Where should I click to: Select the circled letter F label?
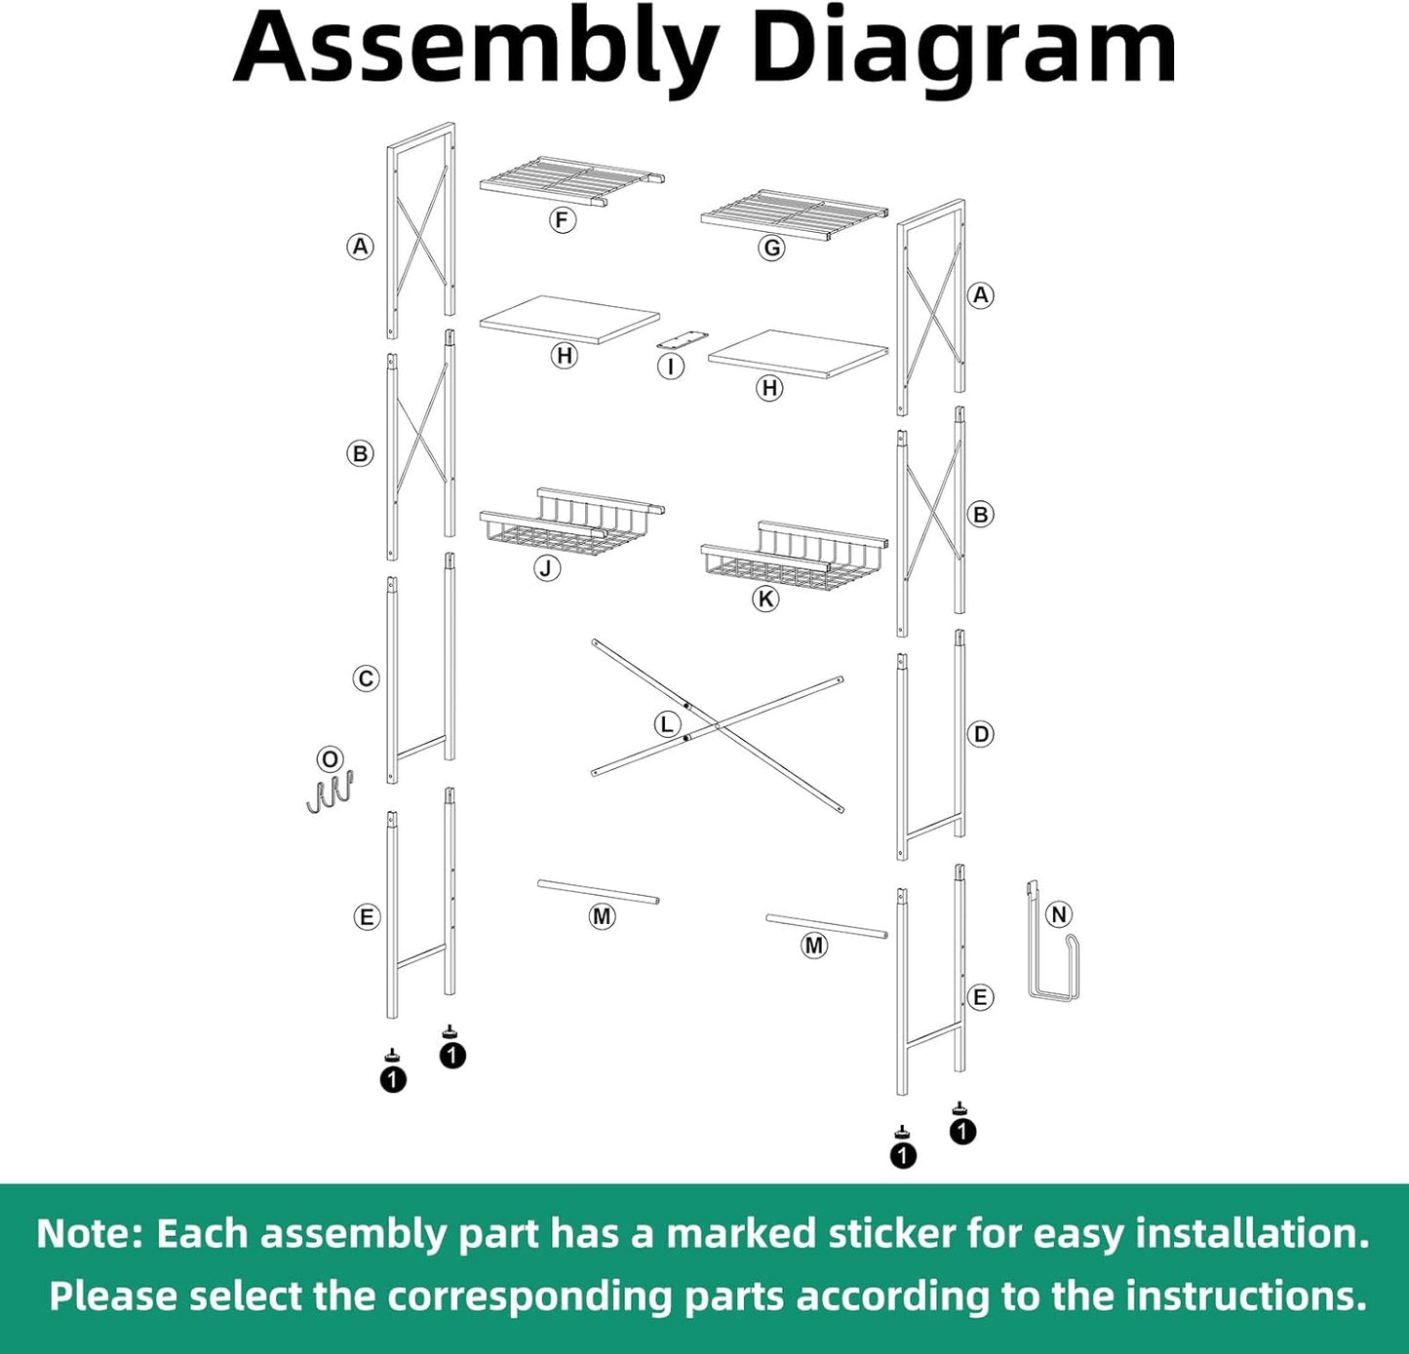tap(561, 220)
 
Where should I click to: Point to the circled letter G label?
tap(772, 248)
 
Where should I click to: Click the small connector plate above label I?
tap(682, 339)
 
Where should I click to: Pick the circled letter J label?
tap(547, 568)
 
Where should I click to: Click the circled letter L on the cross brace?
tap(667, 724)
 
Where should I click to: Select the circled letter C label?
tap(366, 678)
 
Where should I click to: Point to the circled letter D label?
tap(981, 734)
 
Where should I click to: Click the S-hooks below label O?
tap(330, 792)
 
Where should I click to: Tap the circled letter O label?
tap(330, 759)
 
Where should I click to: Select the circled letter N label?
tap(1059, 914)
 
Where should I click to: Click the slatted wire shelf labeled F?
tap(569, 181)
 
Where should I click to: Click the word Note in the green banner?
tap(90, 1234)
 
